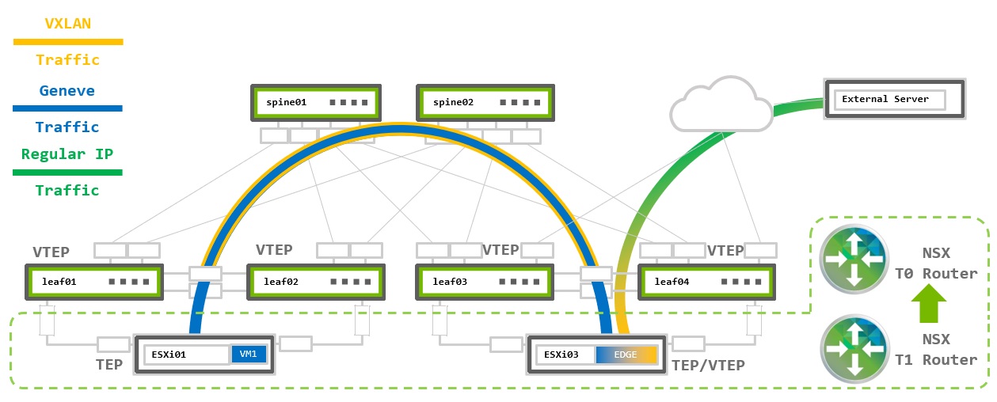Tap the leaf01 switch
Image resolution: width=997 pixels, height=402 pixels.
[x=93, y=282]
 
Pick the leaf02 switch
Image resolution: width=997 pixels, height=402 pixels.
[x=316, y=282]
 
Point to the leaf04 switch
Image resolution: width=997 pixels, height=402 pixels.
[x=706, y=282]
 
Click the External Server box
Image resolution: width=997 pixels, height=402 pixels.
[x=894, y=100]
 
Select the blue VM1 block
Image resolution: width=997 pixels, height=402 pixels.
[x=248, y=355]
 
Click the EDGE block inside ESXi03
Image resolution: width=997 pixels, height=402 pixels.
[x=626, y=355]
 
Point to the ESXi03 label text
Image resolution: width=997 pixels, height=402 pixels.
[x=561, y=355]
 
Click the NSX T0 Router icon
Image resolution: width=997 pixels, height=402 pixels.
[x=852, y=259]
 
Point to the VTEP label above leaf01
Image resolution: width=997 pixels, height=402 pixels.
[x=51, y=252]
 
